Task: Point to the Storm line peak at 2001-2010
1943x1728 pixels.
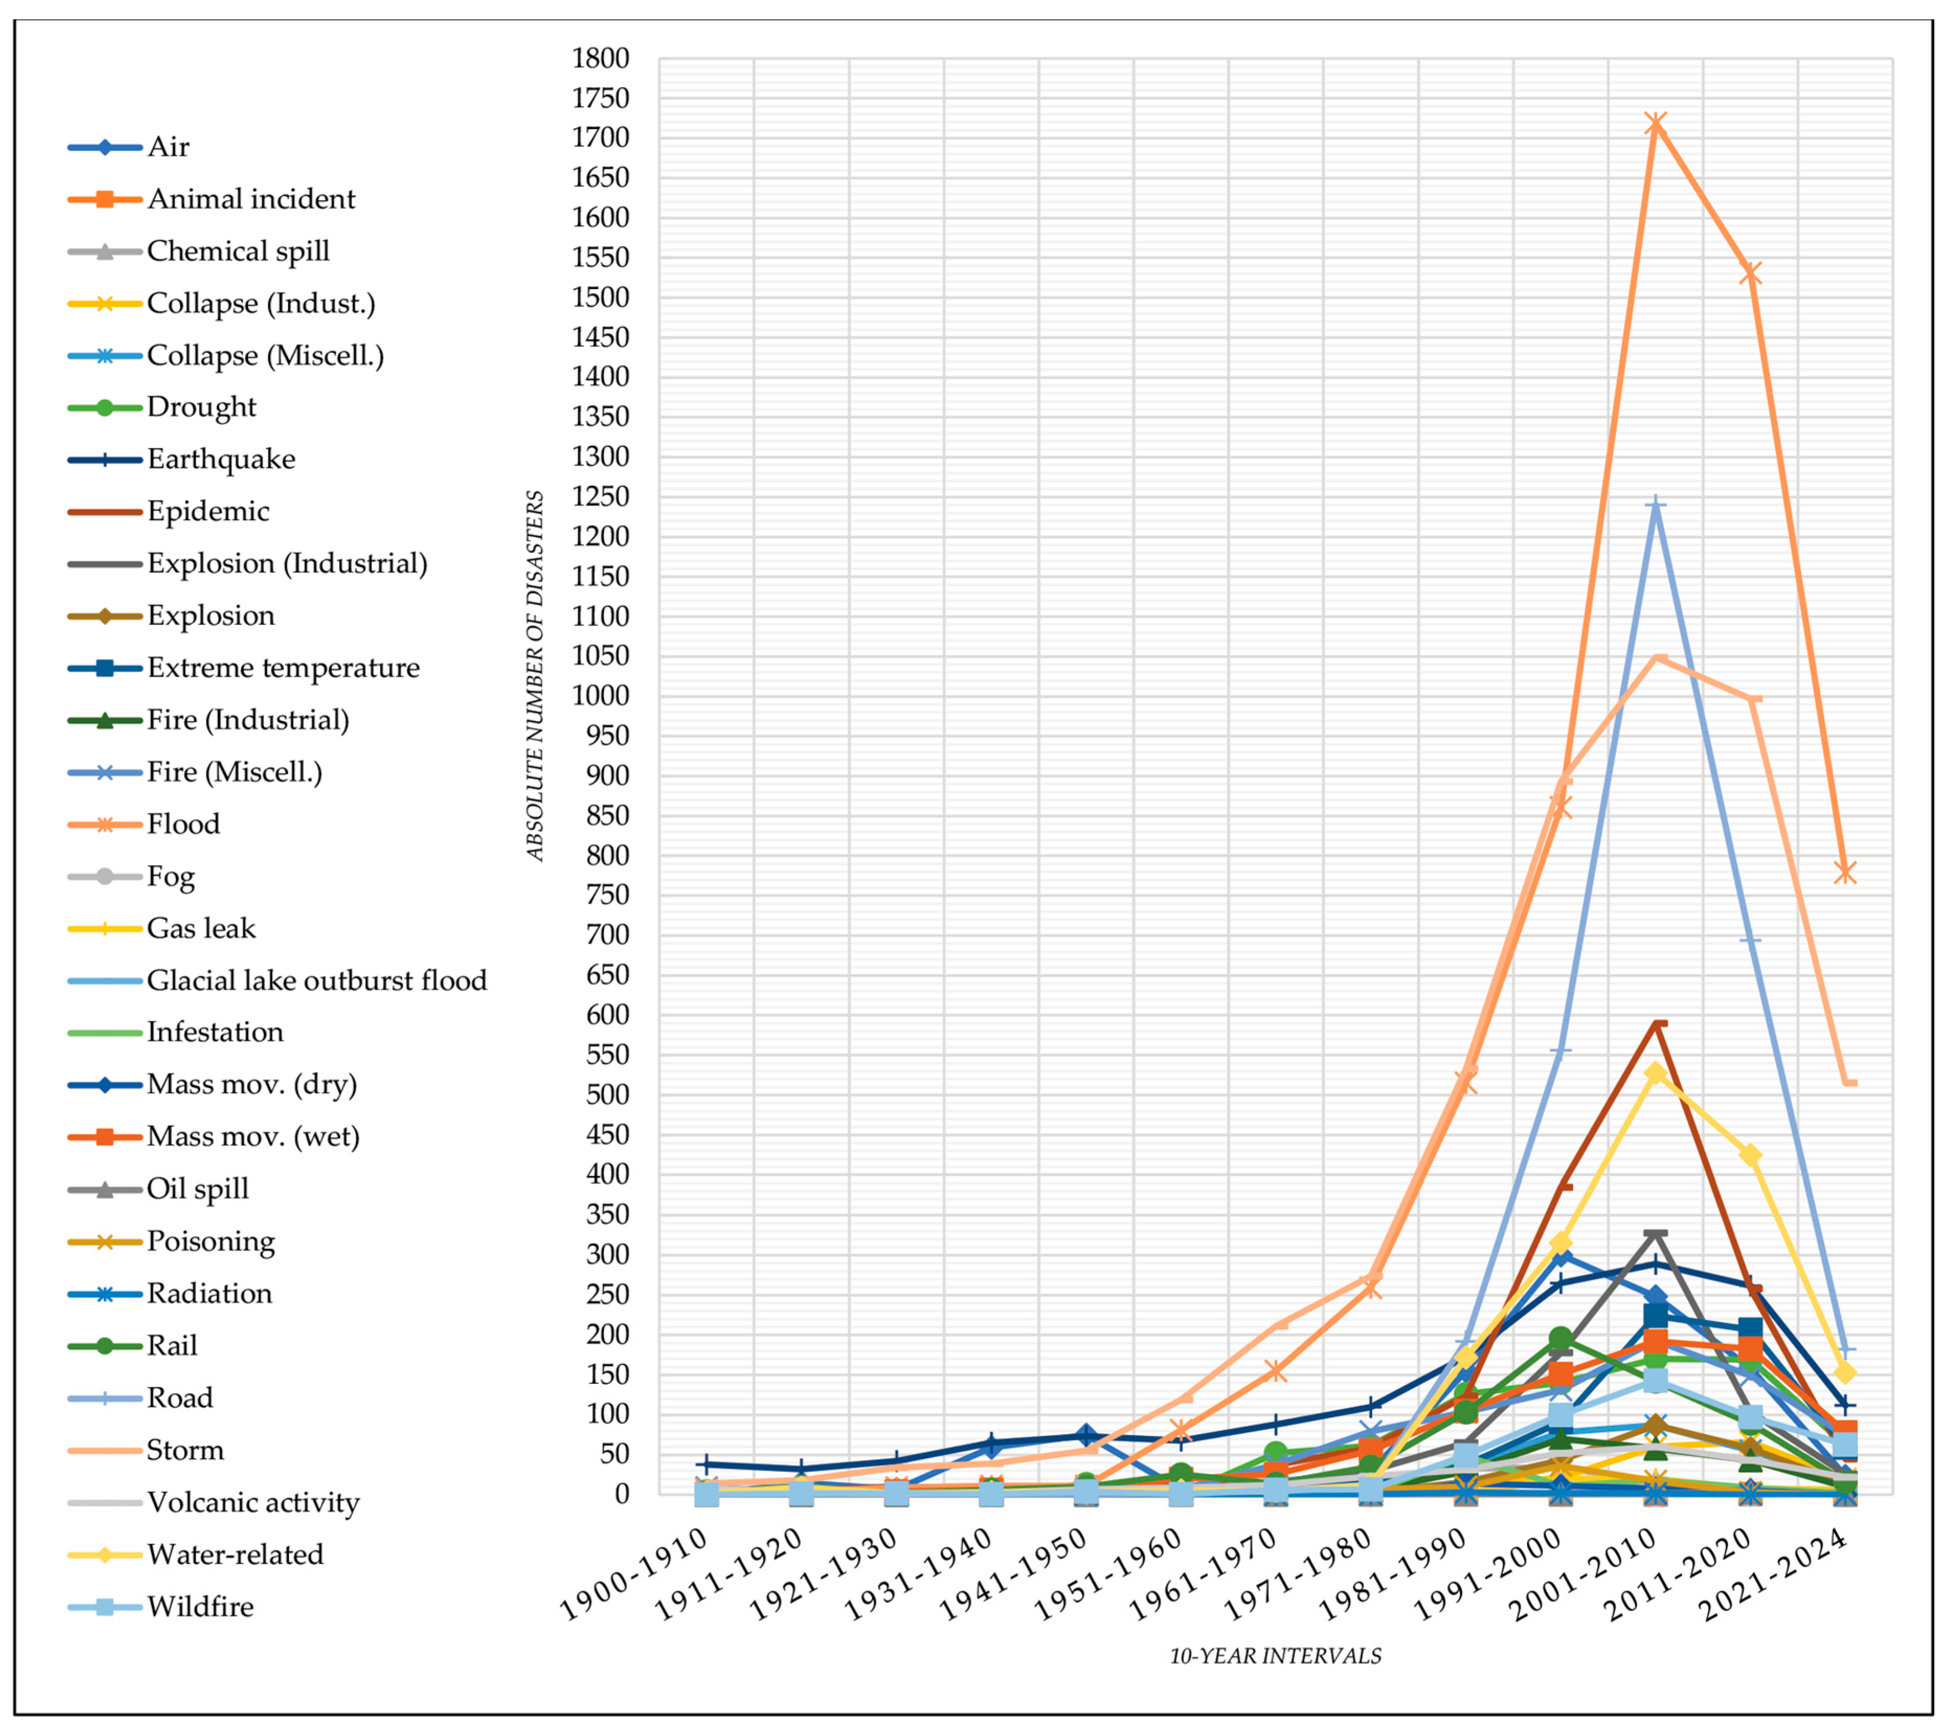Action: [x=1655, y=657]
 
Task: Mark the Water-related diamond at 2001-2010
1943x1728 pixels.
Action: [x=1655, y=1072]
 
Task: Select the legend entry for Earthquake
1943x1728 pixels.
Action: [x=221, y=459]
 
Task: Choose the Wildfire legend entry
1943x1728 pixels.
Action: [x=200, y=1606]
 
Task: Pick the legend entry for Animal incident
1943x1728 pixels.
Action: [x=251, y=199]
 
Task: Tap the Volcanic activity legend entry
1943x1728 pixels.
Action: [x=253, y=1502]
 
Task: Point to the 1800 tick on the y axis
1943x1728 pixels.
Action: [x=600, y=59]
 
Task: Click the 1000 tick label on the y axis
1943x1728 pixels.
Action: [x=600, y=696]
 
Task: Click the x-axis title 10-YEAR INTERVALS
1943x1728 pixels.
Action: [x=1275, y=1656]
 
